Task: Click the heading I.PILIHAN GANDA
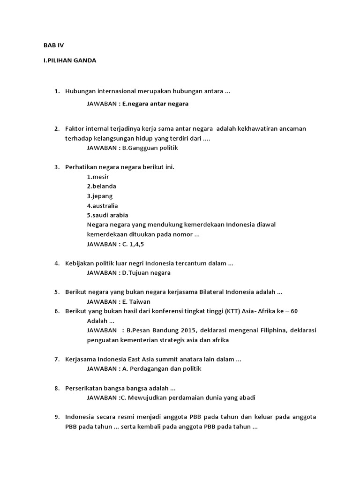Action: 70,60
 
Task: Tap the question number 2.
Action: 57,128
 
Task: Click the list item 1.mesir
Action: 98,177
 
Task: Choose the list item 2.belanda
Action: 101,186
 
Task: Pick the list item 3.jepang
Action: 100,196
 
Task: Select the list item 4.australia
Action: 102,205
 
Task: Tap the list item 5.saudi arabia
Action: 107,215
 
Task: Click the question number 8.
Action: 57,388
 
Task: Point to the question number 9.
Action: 57,417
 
